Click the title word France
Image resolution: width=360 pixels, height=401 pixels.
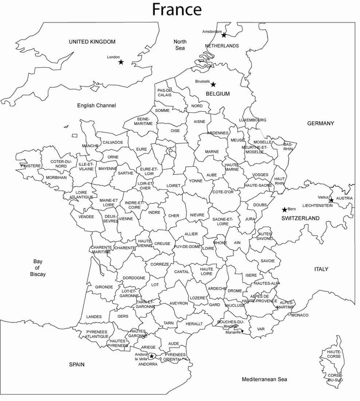point(177,9)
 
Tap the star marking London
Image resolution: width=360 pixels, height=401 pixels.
point(121,62)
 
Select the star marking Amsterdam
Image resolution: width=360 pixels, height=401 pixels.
point(224,35)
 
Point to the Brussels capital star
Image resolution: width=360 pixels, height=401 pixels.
point(213,84)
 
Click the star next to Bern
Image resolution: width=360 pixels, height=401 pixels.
point(284,210)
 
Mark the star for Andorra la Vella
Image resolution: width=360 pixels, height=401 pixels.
point(151,356)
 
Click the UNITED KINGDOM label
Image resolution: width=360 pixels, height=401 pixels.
point(92,42)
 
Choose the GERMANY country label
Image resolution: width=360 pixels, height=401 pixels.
point(320,124)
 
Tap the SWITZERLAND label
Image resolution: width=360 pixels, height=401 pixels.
point(301,218)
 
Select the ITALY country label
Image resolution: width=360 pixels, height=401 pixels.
point(321,269)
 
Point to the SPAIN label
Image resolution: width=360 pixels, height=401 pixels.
point(76,365)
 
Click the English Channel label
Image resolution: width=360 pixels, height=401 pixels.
point(96,106)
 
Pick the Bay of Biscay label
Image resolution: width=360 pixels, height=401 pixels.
point(37,268)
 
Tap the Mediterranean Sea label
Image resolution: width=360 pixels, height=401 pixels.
point(265,380)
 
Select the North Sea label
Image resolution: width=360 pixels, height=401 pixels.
point(180,45)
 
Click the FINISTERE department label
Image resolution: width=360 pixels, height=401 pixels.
point(30,166)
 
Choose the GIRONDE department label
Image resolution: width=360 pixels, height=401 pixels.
point(104,287)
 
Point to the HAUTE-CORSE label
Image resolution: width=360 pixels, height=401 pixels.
point(334,354)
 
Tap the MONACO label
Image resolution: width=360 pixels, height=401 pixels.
point(300,315)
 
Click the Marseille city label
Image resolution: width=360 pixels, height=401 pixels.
point(233,332)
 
